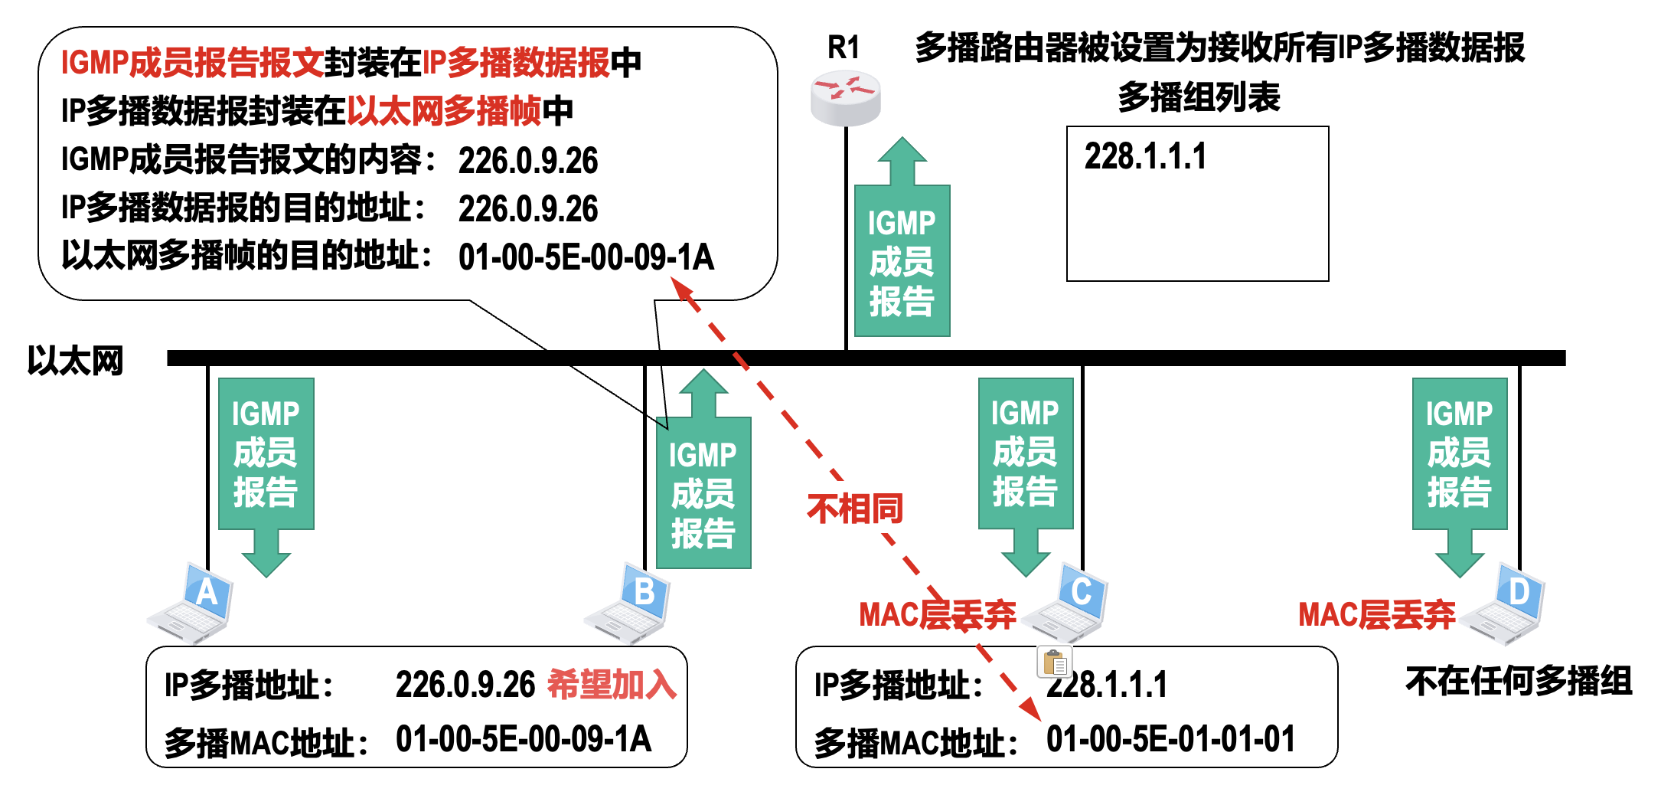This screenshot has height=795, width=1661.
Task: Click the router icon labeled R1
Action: click(x=845, y=98)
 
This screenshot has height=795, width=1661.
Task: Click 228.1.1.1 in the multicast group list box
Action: click(x=1145, y=157)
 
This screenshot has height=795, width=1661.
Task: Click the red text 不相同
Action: click(x=855, y=509)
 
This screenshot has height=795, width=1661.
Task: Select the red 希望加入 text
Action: click(x=612, y=684)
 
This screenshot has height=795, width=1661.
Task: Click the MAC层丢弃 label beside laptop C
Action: click(x=937, y=615)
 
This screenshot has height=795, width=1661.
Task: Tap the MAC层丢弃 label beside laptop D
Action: click(x=1376, y=615)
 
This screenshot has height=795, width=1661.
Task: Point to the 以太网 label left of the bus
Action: click(x=75, y=361)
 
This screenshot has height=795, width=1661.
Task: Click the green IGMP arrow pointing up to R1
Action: click(x=902, y=245)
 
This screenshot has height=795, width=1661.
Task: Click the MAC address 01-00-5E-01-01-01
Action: click(x=1170, y=740)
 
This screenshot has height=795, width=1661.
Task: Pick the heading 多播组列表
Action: click(x=1199, y=97)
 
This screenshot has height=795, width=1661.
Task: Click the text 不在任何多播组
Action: click(x=1519, y=681)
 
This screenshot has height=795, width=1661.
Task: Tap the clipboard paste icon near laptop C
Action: click(x=1054, y=662)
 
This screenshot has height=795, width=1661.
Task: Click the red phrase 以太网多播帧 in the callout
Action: click(x=444, y=111)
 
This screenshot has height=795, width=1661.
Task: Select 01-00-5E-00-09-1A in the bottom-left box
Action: click(x=524, y=740)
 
